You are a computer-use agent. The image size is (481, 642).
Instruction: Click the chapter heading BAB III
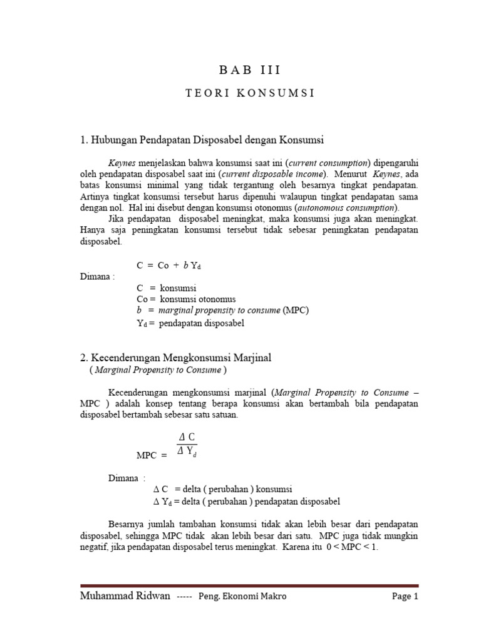[249, 70]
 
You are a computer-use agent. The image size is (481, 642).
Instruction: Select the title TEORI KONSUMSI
[249, 93]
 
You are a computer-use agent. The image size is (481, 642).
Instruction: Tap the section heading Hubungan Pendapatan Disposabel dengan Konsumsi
[202, 139]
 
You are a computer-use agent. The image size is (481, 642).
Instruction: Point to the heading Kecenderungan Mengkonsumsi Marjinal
[175, 357]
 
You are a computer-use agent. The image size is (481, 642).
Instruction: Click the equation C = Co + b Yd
[168, 265]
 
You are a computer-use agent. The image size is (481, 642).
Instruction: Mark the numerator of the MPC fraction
[188, 436]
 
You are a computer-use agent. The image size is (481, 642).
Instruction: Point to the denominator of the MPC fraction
[188, 450]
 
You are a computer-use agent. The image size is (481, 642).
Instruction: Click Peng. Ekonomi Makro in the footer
[242, 596]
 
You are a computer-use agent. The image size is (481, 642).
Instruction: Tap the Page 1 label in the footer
[405, 596]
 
